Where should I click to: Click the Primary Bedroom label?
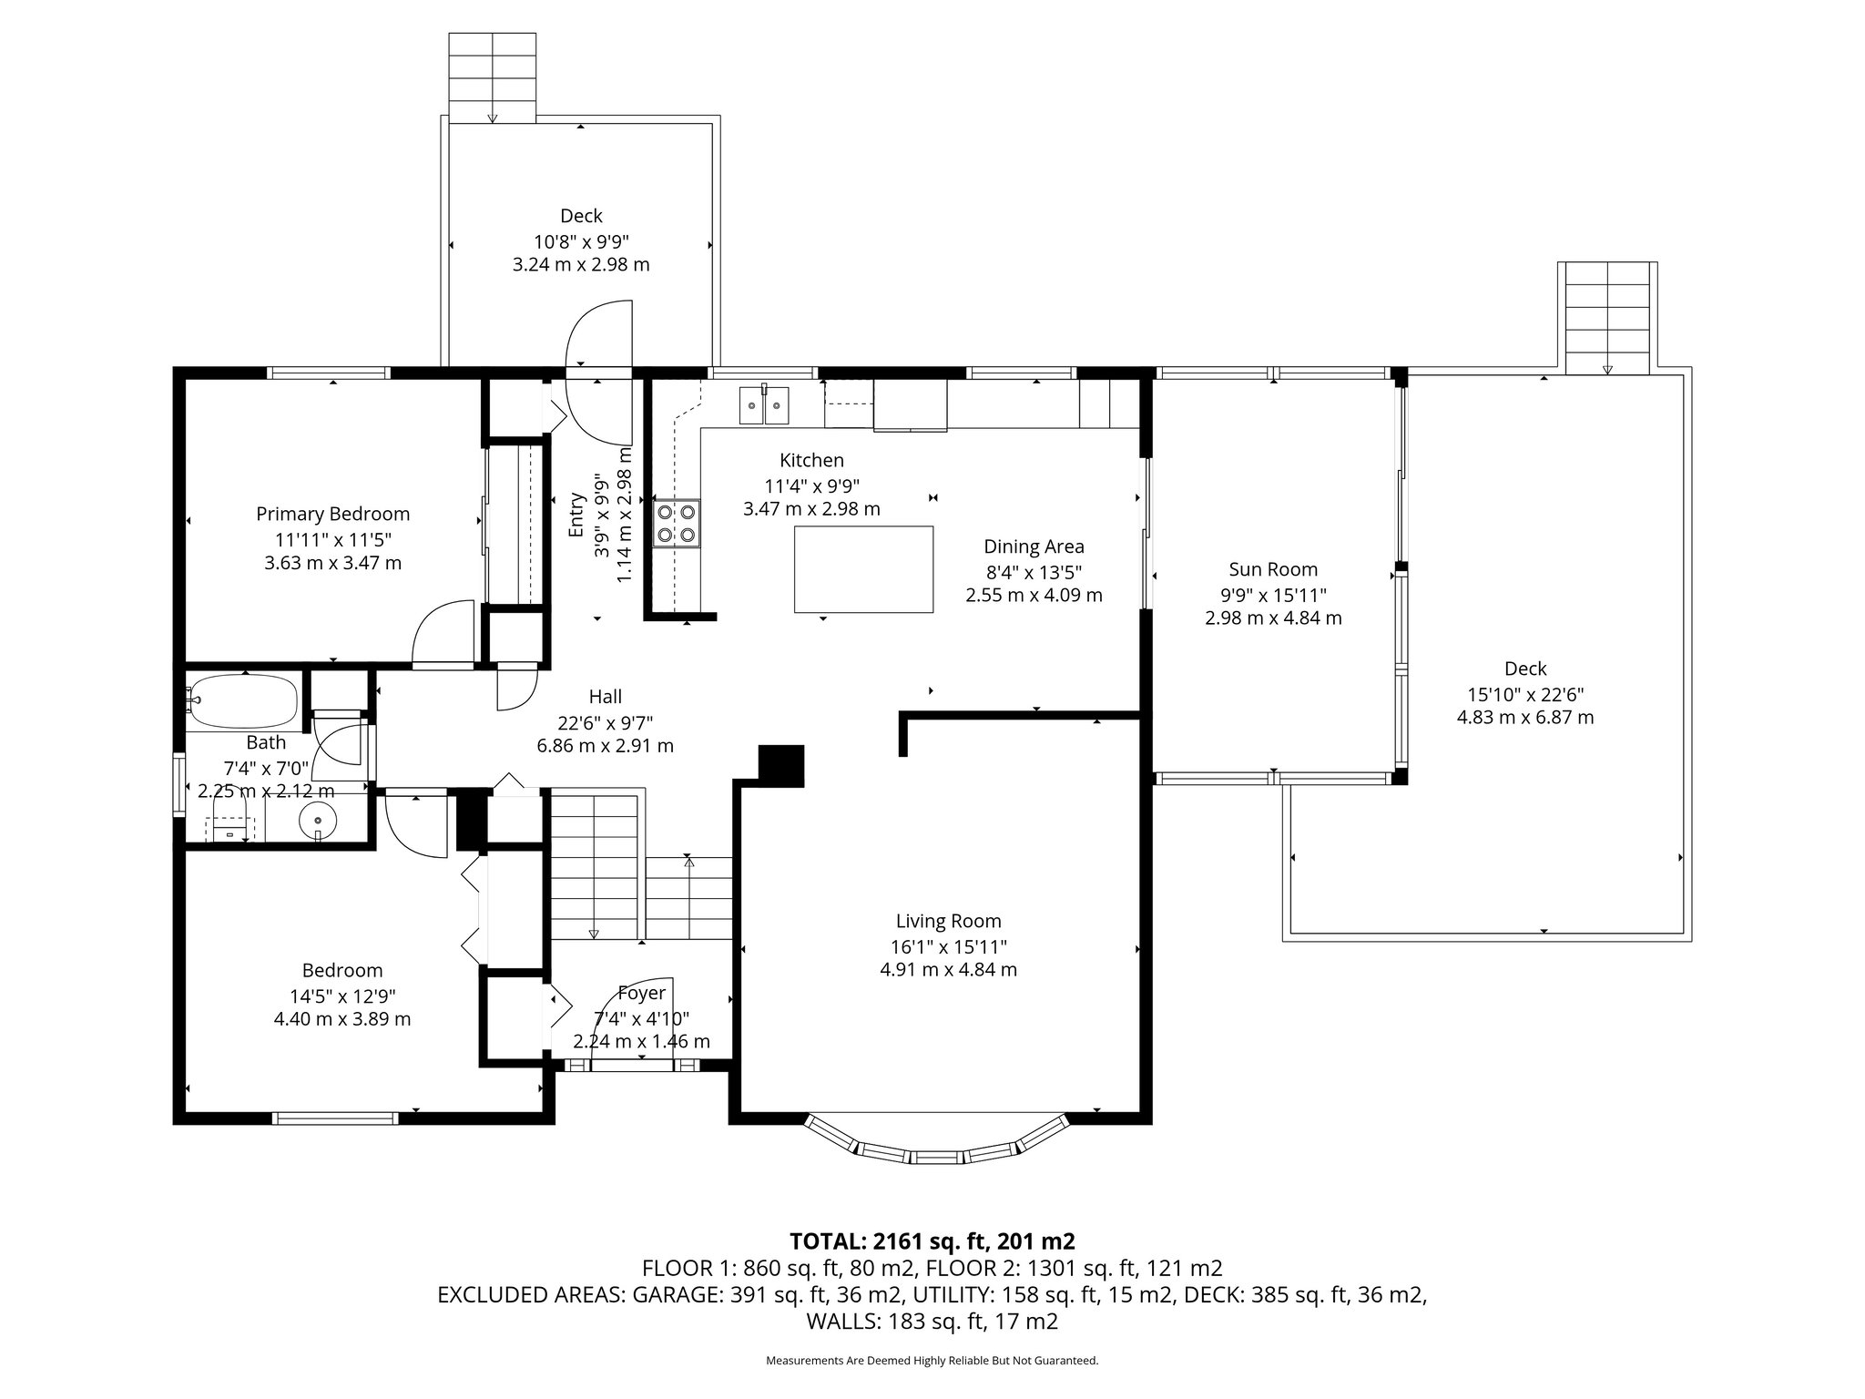click(332, 514)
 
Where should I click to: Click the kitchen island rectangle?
click(863, 569)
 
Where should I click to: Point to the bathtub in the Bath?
click(243, 700)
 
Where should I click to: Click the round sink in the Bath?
click(318, 821)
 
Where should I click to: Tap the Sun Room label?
click(1273, 570)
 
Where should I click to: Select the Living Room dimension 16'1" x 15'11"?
click(949, 946)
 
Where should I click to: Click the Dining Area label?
click(1034, 546)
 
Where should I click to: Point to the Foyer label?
click(641, 993)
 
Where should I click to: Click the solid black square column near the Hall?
click(781, 765)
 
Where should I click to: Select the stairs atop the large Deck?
click(1607, 317)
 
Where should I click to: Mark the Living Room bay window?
click(935, 1140)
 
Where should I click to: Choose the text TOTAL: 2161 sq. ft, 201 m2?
click(932, 1241)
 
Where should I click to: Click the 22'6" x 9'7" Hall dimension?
click(606, 722)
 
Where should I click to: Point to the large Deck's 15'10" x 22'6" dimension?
click(1525, 693)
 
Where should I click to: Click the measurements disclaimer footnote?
click(932, 1360)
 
